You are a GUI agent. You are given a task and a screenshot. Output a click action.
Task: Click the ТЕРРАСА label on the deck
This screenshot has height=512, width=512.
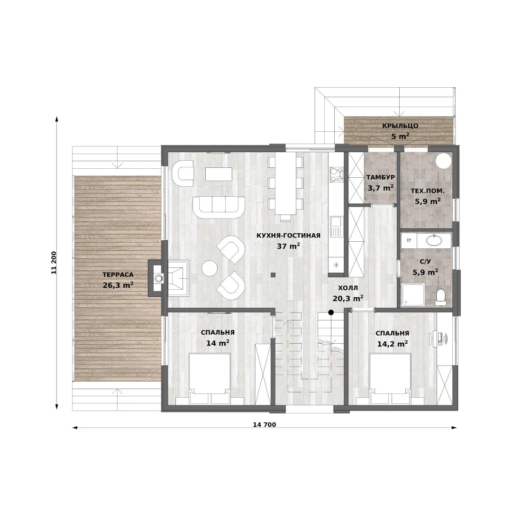[118, 275]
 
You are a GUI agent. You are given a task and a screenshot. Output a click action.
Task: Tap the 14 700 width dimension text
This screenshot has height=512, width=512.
[265, 424]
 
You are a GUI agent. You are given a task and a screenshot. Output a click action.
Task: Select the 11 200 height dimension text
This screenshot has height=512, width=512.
[54, 263]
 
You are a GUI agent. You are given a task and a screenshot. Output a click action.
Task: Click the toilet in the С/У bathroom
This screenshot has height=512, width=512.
[441, 297]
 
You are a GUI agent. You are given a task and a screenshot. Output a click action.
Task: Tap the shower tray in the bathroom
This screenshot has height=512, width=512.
[413, 295]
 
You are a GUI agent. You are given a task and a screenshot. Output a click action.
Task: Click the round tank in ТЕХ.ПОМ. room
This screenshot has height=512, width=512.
[444, 161]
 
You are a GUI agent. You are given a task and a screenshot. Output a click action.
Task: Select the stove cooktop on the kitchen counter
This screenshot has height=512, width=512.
[336, 174]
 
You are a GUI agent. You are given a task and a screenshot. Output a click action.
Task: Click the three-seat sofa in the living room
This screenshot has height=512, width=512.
[219, 207]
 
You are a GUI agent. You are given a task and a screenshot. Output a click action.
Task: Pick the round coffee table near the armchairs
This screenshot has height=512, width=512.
[210, 268]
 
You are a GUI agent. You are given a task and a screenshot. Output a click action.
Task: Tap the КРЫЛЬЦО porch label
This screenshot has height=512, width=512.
[400, 126]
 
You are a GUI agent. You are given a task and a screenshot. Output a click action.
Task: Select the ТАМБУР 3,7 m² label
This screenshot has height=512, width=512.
[381, 183]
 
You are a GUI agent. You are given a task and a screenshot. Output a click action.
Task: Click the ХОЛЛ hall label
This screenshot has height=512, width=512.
[348, 288]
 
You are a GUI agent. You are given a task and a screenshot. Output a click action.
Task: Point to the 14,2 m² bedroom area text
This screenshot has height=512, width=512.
[393, 344]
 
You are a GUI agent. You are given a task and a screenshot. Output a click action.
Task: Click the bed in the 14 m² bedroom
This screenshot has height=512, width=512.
[210, 379]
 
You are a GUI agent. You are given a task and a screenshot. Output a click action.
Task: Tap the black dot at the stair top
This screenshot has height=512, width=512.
[331, 312]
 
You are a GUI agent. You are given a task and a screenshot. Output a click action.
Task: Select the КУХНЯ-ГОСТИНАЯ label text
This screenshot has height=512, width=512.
[288, 236]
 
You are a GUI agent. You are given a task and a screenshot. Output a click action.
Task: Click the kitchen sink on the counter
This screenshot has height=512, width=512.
[336, 227]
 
